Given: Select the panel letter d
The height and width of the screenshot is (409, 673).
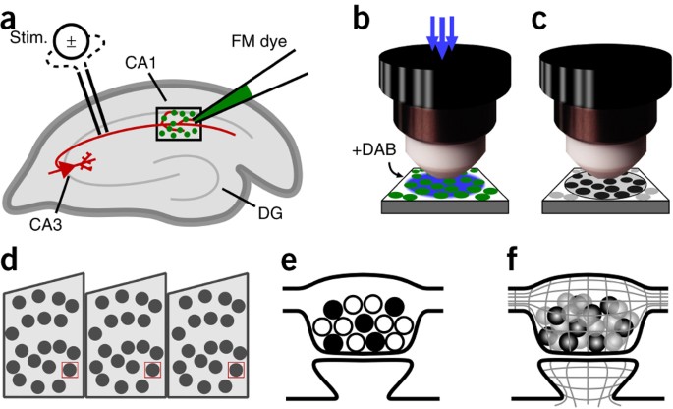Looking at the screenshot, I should [12, 263].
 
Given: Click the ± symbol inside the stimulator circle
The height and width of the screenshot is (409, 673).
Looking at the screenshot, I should [71, 42].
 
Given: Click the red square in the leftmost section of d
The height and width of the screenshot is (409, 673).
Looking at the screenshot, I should [68, 369].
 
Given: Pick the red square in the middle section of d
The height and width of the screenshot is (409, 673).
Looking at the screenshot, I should [152, 369].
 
